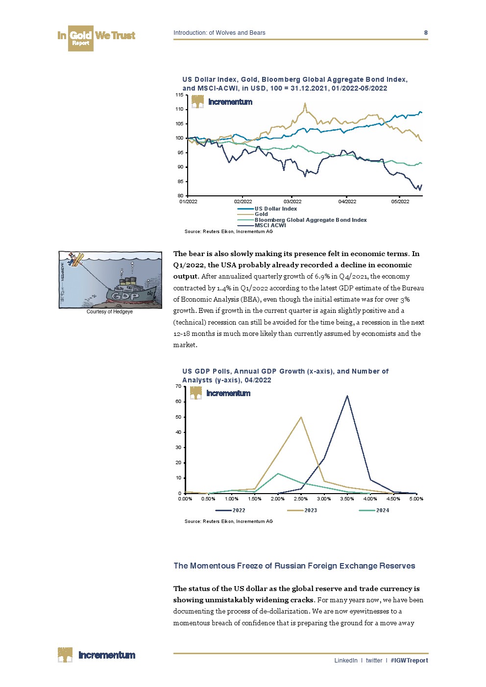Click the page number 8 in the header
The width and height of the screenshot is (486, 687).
426,33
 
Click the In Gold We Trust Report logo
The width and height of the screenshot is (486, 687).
96,38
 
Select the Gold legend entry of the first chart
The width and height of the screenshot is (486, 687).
261,214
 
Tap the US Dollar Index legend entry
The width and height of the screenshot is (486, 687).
275,209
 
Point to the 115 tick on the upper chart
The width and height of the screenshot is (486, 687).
179,95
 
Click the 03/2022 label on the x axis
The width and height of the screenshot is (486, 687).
292,202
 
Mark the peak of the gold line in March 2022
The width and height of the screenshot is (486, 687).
305,104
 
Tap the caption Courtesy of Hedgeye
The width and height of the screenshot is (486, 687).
110,311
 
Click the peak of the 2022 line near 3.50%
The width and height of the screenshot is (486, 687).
347,396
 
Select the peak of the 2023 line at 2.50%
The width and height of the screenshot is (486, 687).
301,417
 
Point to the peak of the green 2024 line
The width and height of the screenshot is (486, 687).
278,474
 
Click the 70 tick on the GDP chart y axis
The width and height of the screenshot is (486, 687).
178,386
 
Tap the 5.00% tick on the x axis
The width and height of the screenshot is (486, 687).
416,499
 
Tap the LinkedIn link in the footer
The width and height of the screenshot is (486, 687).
346,661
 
